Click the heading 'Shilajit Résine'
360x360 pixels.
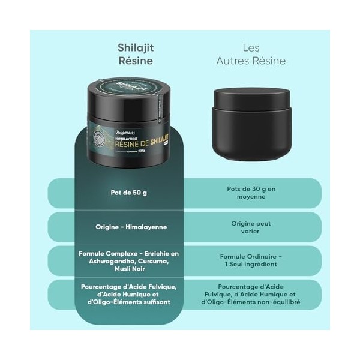pyautogui.click(x=134, y=54)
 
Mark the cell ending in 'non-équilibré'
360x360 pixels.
pyautogui.click(x=251, y=294)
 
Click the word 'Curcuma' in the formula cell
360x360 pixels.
pyautogui.click(x=151, y=261)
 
